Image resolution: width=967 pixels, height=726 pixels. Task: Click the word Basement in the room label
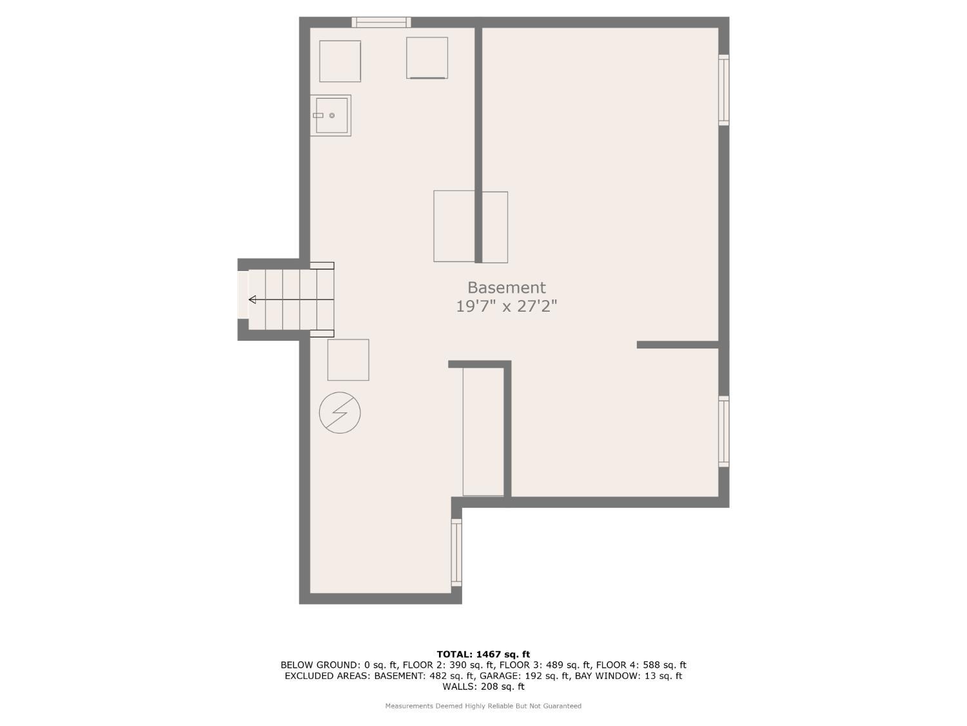(x=506, y=288)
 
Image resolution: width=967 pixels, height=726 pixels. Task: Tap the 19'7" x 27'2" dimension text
(x=506, y=306)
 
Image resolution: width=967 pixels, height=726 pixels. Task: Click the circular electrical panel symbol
(x=340, y=412)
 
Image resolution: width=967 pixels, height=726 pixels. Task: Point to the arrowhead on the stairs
(x=253, y=299)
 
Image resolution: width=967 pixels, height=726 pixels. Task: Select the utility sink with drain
(x=331, y=116)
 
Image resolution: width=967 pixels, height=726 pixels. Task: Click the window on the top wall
(x=381, y=23)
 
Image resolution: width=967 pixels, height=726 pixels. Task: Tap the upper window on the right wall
(x=723, y=90)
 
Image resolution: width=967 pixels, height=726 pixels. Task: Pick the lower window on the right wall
(x=723, y=431)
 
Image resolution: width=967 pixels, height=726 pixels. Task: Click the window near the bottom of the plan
(x=456, y=552)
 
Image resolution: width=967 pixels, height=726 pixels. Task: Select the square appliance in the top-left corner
(x=340, y=61)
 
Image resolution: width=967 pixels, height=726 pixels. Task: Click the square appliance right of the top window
(x=427, y=58)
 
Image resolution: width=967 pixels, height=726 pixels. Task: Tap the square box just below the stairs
(x=348, y=359)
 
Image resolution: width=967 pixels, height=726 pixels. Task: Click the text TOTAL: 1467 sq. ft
(x=484, y=654)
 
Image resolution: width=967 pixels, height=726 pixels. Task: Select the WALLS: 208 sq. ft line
(x=484, y=687)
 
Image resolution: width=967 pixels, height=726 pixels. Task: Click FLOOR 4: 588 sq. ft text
(x=641, y=665)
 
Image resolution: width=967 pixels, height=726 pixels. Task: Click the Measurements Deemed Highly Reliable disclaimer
(x=484, y=706)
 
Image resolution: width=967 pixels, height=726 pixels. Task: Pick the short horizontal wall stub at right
(x=678, y=345)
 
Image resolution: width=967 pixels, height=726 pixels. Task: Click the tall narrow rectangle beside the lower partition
(x=484, y=432)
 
